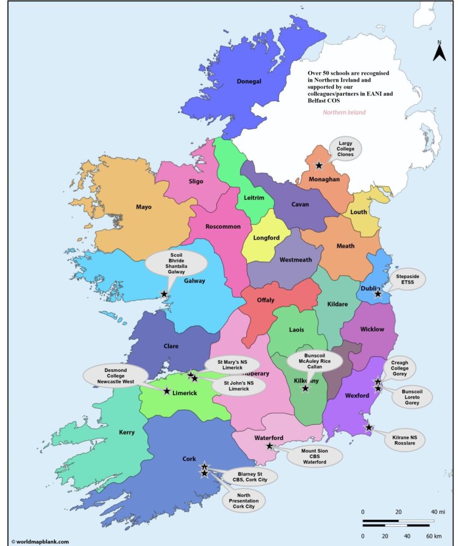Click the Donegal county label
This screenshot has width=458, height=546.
pos(249,82)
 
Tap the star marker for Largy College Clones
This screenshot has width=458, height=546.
pos(319,165)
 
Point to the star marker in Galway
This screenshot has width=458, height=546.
pos(164,294)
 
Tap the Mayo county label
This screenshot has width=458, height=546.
pos(144,207)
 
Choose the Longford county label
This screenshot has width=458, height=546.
pos(266,238)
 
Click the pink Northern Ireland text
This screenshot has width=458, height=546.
pos(344,112)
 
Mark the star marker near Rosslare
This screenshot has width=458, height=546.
pos(369,428)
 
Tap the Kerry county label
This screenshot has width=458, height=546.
pos(127,432)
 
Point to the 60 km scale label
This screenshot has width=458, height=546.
pos(435,537)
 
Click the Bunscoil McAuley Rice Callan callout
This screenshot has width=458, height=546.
pos(315,361)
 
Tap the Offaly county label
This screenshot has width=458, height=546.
pos(266,300)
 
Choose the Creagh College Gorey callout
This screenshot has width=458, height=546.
pos(400,369)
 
